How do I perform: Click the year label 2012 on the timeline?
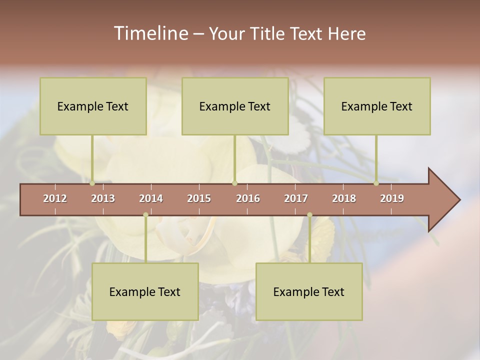click(55, 198)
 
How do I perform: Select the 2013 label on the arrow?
click(103, 198)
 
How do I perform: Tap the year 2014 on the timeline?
click(151, 198)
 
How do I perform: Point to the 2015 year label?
click(199, 198)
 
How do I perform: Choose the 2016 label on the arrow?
click(248, 198)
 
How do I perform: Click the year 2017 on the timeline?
click(296, 198)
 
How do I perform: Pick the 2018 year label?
click(344, 198)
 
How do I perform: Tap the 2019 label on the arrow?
click(392, 198)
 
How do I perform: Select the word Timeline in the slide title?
click(150, 33)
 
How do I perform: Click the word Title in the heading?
click(267, 33)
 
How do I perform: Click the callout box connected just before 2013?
click(93, 106)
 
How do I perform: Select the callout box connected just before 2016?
click(235, 106)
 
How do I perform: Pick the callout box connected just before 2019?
click(377, 106)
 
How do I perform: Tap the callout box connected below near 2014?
click(145, 291)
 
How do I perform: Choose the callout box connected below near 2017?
click(309, 291)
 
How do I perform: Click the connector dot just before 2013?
click(92, 183)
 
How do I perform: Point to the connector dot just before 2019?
click(376, 183)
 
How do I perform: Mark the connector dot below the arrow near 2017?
click(309, 215)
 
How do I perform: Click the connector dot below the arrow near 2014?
click(145, 215)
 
